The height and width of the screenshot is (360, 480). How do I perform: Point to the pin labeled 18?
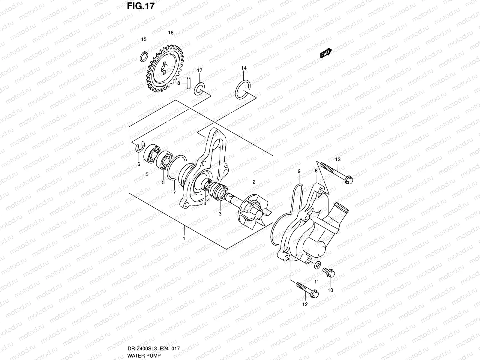[188, 83]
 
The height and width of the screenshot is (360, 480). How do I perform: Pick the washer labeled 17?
[199, 89]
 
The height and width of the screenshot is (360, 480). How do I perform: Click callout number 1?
[184, 239]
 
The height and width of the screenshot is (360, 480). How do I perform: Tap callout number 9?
[299, 171]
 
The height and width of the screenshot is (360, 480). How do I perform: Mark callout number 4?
[205, 204]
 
